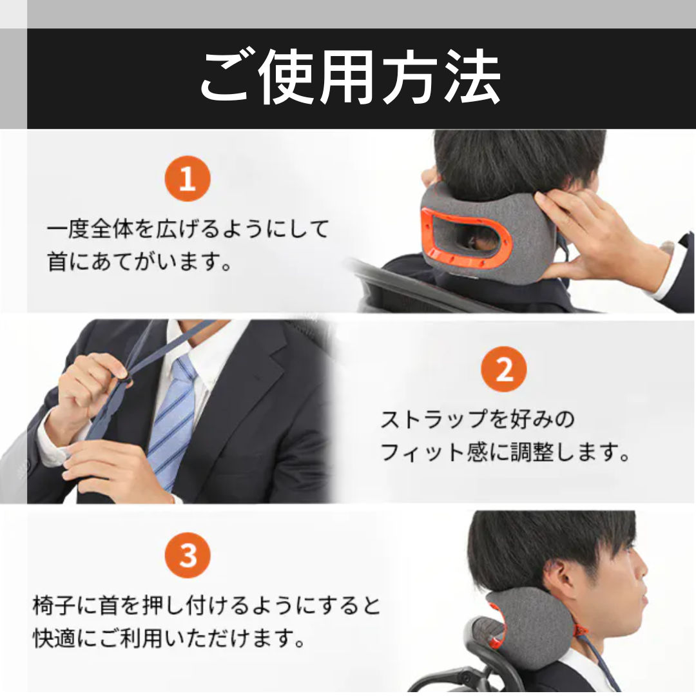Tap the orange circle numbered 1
(188, 179)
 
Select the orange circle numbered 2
(504, 369)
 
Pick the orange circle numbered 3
(188, 556)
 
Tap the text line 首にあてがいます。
(140, 262)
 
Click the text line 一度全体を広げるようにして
(188, 229)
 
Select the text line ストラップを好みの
(478, 419)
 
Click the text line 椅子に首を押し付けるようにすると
(206, 605)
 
